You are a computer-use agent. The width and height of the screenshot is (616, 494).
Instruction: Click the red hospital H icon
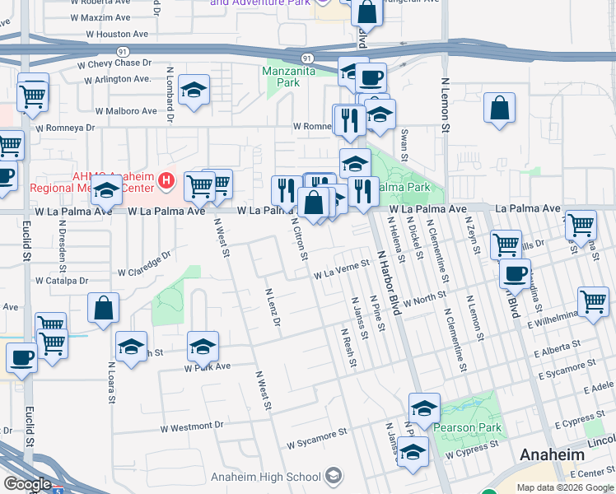pyautogui.click(x=167, y=179)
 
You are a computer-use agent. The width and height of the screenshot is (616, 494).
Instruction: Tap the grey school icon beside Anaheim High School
pyautogui.click(x=333, y=476)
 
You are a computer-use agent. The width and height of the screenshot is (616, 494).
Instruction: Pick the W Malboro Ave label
pyautogui.click(x=125, y=111)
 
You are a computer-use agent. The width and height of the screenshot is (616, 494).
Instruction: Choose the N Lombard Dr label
pyautogui.click(x=170, y=95)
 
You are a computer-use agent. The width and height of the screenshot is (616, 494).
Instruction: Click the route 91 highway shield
pyautogui.click(x=306, y=58)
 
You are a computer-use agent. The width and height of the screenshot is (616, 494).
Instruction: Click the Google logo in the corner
pyautogui.click(x=27, y=484)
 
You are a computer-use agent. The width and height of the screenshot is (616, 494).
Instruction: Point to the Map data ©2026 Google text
pyautogui.click(x=564, y=487)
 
